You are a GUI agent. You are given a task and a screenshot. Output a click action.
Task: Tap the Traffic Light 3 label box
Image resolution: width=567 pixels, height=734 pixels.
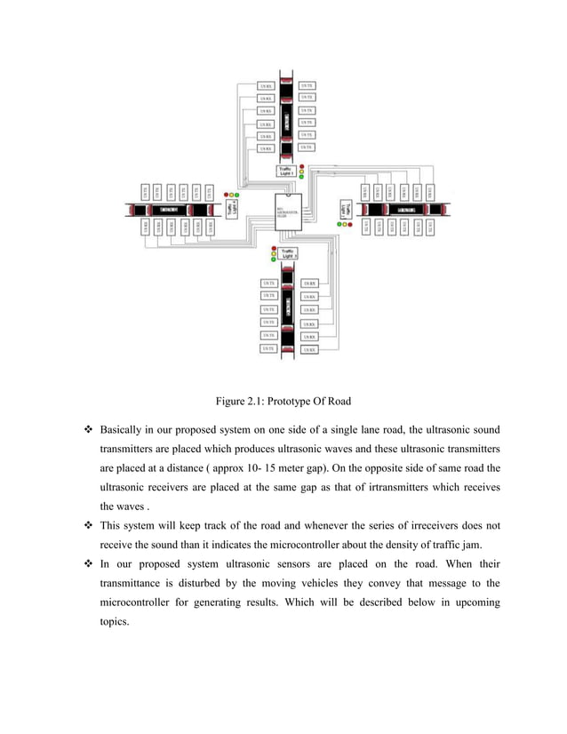(x=288, y=254)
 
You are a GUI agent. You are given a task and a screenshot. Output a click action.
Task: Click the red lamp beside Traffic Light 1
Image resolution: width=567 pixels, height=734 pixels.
(x=302, y=165)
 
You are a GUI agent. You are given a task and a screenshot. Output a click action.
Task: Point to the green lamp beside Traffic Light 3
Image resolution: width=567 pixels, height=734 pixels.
(x=274, y=259)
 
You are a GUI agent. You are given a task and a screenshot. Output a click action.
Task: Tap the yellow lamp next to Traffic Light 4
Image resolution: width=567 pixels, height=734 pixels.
(x=233, y=195)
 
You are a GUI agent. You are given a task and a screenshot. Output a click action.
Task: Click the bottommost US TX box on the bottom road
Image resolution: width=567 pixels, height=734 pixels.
(x=267, y=349)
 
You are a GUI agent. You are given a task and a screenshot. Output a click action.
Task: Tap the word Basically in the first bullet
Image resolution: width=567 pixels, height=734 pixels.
(x=126, y=430)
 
